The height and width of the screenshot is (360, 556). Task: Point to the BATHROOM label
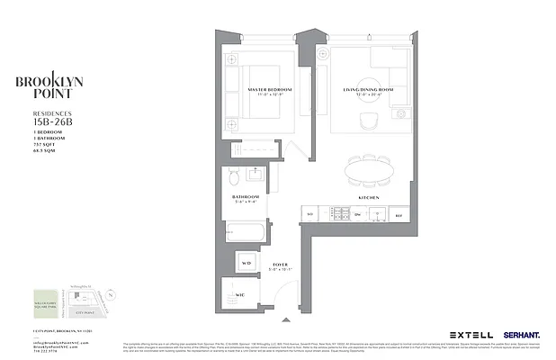coord(246,196)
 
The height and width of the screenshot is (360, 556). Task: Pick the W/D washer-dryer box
coord(247,264)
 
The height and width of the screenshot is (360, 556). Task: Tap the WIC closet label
coord(242,294)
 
